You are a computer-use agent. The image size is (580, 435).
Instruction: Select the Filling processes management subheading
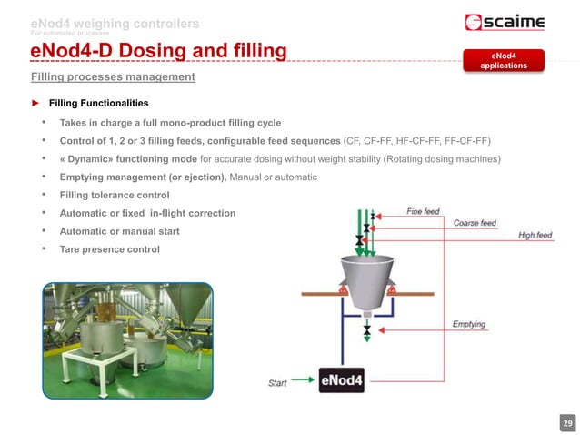coord(114,76)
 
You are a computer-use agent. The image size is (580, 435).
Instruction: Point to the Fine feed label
coord(423,212)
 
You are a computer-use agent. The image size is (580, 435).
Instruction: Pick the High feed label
coord(535,236)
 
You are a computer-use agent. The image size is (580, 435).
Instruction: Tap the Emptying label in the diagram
coord(469,325)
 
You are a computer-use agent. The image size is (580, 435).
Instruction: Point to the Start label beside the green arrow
coord(278,383)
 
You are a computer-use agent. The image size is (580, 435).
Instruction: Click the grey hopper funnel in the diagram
coord(367,274)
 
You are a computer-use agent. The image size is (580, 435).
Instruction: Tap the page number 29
coord(567,424)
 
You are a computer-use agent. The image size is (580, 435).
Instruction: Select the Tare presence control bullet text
coord(110,249)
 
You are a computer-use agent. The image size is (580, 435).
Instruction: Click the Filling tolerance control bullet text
coord(115,195)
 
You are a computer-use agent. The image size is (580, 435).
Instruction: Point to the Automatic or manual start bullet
coord(119,231)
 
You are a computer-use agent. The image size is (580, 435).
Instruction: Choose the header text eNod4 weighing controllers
coord(115,23)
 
